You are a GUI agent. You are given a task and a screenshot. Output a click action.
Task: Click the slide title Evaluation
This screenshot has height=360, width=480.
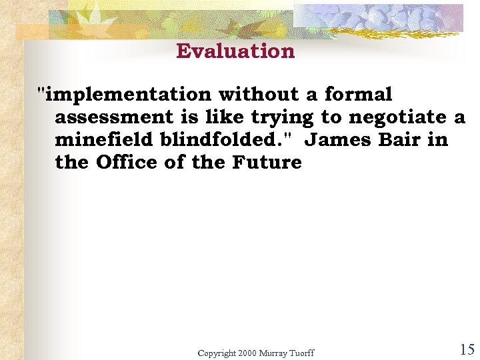click(235, 51)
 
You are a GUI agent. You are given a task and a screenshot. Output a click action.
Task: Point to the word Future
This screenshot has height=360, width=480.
click(267, 163)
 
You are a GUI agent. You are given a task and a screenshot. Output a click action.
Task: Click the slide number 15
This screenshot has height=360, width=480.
click(467, 349)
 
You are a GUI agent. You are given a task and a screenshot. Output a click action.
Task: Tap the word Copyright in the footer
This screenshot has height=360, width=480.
click(217, 353)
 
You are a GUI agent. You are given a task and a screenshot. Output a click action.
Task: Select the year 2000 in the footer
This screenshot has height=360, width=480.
click(247, 353)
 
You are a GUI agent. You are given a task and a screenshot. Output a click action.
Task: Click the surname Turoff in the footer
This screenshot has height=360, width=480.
click(300, 353)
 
